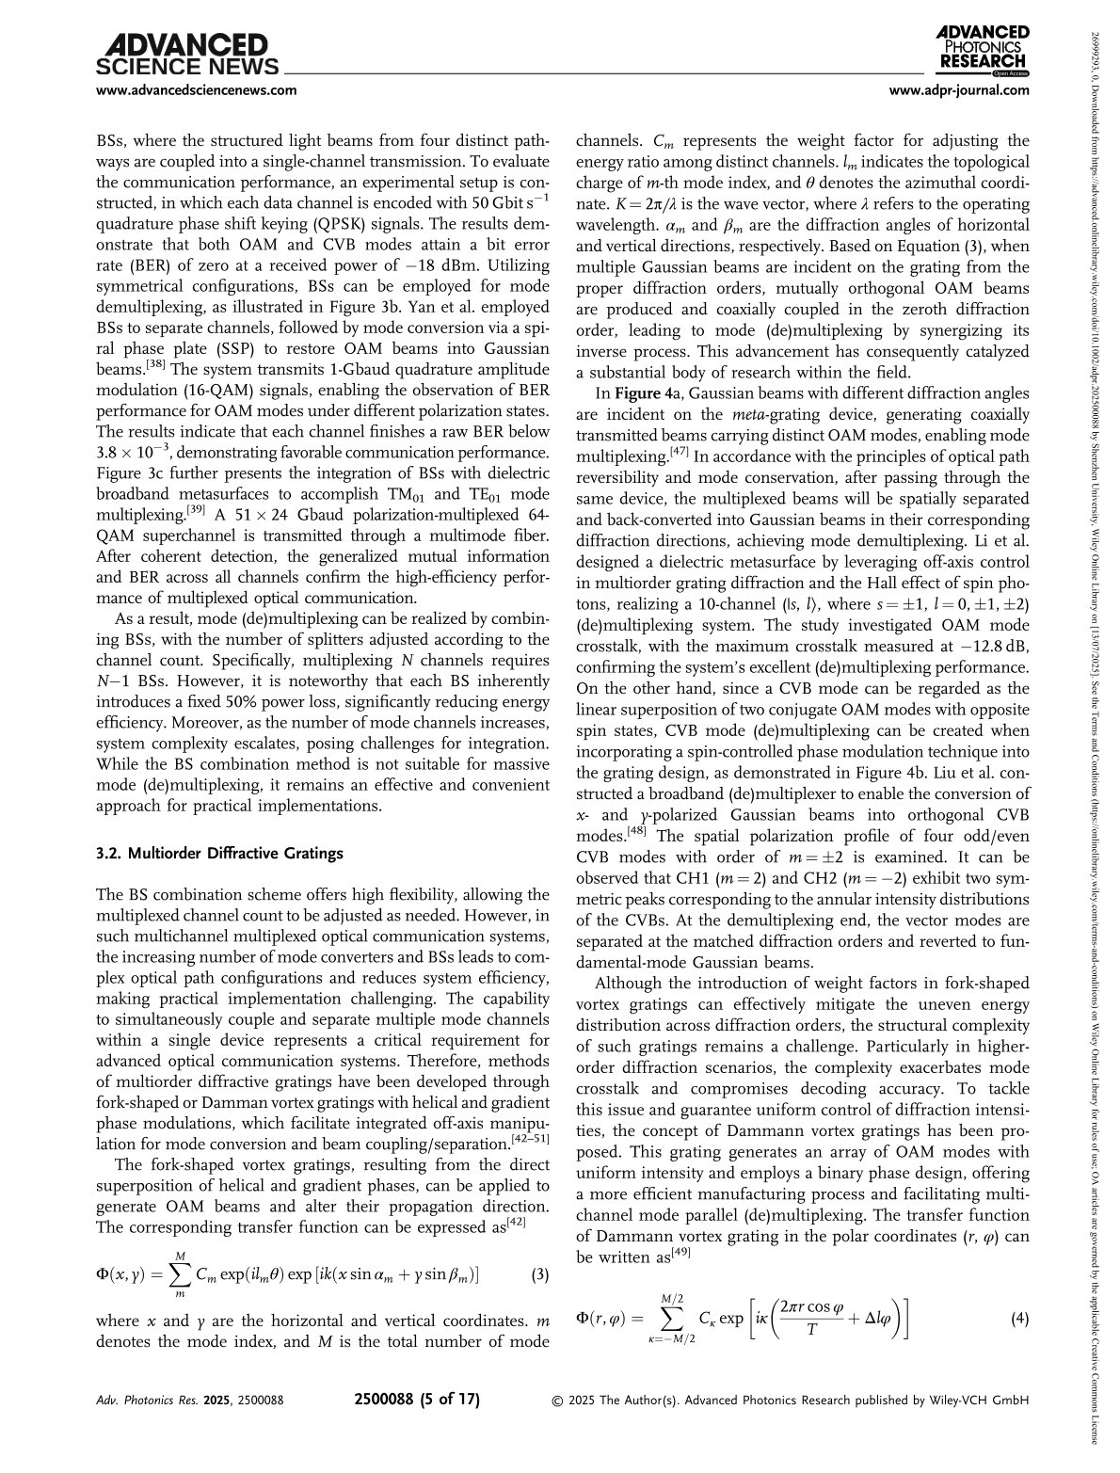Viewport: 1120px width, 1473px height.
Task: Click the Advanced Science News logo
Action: click(x=187, y=55)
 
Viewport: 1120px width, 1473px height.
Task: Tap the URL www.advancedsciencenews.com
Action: click(x=197, y=90)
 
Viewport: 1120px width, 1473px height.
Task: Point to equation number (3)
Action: click(x=540, y=1275)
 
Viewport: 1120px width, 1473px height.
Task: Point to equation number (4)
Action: click(x=1019, y=1319)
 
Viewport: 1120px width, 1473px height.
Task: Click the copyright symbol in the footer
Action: click(x=557, y=1401)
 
